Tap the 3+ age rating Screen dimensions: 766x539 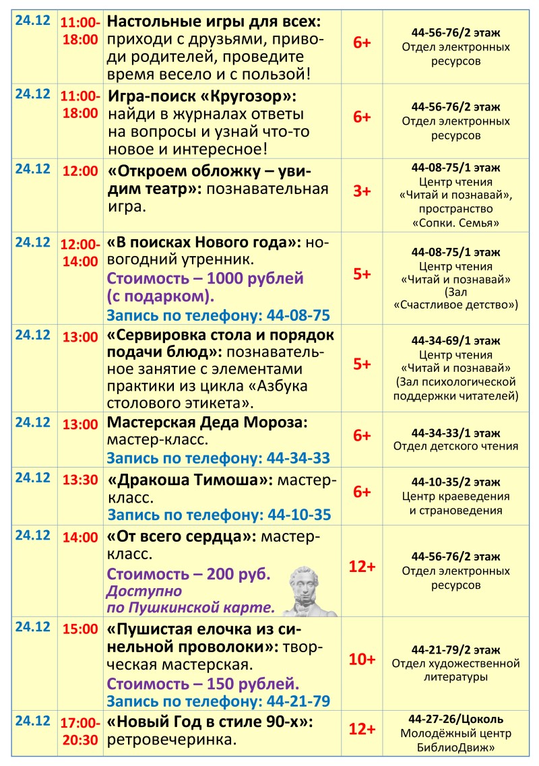362,191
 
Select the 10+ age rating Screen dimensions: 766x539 362,659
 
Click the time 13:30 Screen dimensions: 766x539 80,480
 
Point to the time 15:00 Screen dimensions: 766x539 80,629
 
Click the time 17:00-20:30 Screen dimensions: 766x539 80,731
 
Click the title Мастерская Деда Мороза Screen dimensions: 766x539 207,423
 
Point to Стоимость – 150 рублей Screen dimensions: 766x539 203,684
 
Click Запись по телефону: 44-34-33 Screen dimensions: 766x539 218,458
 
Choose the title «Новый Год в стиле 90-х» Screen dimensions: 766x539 211,722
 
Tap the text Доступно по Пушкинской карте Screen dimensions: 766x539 191,600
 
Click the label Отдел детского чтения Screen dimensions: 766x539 456,446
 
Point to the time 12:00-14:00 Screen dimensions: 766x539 80,251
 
